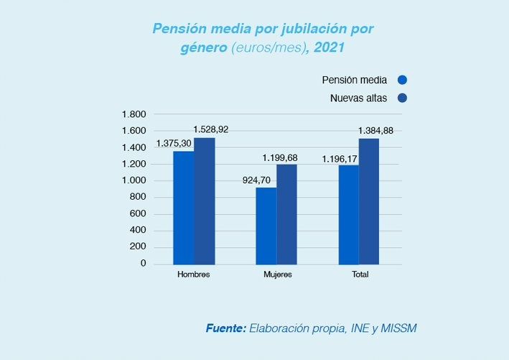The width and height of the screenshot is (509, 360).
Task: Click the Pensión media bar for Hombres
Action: click(x=183, y=208)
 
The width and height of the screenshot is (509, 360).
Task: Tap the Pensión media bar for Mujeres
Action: click(x=266, y=226)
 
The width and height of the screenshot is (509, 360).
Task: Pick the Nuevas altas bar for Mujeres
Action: click(x=286, y=214)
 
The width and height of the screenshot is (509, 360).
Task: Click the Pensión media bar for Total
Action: click(x=349, y=215)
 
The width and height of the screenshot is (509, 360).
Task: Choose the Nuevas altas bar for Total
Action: click(x=369, y=201)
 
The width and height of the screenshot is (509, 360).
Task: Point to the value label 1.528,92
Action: click(x=212, y=129)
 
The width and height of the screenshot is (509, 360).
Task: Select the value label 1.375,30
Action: click(x=174, y=144)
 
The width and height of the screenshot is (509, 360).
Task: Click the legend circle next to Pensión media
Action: click(x=402, y=80)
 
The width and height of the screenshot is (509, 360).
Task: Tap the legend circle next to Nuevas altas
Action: click(x=402, y=98)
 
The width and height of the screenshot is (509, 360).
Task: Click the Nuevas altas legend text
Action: click(x=358, y=98)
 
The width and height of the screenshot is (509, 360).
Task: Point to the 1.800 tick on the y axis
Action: click(x=134, y=114)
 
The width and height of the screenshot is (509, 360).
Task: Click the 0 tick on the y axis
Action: click(x=142, y=264)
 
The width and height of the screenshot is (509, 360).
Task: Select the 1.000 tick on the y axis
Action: click(x=134, y=180)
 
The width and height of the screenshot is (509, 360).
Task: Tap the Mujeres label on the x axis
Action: click(x=276, y=276)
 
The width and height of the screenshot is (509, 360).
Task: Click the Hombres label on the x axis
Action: click(x=194, y=276)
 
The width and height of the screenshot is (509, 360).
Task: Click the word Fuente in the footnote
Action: click(x=225, y=328)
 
